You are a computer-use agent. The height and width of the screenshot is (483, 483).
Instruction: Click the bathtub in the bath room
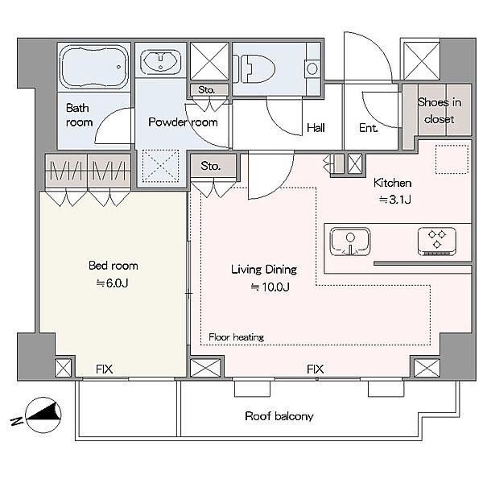94,68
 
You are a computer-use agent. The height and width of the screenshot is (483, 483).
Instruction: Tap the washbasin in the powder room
160,62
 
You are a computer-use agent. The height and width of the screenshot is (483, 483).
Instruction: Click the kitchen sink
350,242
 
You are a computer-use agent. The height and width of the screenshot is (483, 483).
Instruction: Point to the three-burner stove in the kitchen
437,242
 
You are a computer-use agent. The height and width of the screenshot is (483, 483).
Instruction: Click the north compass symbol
43,415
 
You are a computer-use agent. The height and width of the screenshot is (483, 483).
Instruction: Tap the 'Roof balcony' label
279,416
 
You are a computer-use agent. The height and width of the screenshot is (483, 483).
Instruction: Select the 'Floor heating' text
236,337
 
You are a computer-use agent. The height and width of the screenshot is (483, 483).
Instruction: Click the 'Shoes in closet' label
440,110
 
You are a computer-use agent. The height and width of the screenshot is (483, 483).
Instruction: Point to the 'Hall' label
316,127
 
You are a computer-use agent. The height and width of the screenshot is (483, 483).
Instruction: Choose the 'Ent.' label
369,127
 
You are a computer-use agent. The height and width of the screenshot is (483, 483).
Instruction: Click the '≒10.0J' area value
270,287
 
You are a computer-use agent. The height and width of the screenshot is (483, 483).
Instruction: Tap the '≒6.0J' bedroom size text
112,283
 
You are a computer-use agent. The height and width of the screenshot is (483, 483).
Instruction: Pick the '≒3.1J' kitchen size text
395,200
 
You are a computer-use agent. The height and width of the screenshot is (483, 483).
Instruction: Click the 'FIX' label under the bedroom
104,369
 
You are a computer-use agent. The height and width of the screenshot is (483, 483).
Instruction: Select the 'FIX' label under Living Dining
315,369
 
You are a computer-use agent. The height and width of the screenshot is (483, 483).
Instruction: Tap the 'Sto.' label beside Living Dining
211,166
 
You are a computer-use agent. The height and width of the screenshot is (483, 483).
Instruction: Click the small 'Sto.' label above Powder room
206,90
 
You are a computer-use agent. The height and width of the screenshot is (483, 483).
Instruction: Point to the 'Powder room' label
183,122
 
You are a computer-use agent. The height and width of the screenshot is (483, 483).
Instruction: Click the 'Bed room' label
113,266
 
